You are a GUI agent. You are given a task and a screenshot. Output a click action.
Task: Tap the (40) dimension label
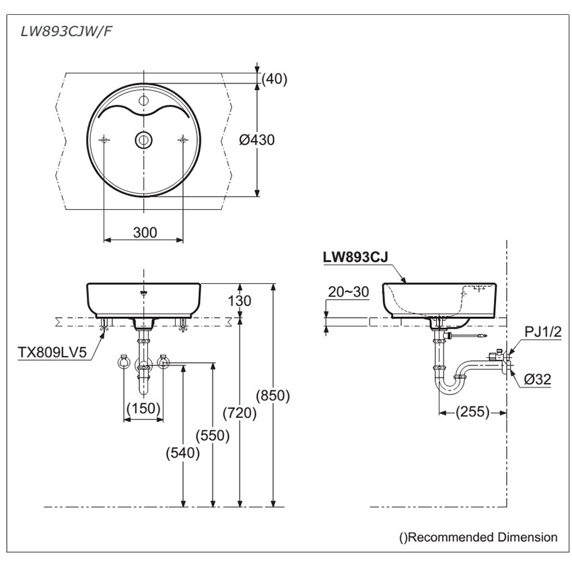coord(274,79)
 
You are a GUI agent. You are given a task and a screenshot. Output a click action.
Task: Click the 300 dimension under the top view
coord(144,232)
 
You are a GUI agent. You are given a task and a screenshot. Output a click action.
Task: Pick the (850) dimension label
coord(273,396)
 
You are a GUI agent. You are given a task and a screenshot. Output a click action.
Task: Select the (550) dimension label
coord(213,435)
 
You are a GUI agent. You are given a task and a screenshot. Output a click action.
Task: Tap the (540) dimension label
coord(183,453)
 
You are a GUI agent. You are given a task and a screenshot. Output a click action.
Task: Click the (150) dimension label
coord(143,408)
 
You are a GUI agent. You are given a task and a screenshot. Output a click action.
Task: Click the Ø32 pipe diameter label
coord(538,380)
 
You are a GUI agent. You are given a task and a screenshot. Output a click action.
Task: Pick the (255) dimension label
coord(472,412)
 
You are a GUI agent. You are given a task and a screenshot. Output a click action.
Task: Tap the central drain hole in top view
coord(143,139)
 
